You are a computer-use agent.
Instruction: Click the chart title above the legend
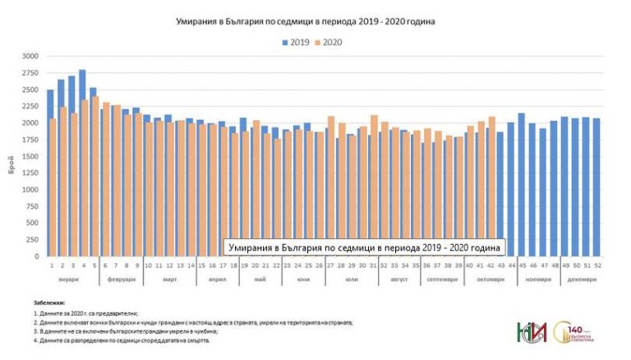tap(305, 21)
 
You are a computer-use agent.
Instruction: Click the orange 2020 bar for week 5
tap(95, 176)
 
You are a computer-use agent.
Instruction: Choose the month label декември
tap(584, 279)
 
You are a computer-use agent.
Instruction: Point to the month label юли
tap(352, 279)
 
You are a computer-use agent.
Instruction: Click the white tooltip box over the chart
tap(366, 247)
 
